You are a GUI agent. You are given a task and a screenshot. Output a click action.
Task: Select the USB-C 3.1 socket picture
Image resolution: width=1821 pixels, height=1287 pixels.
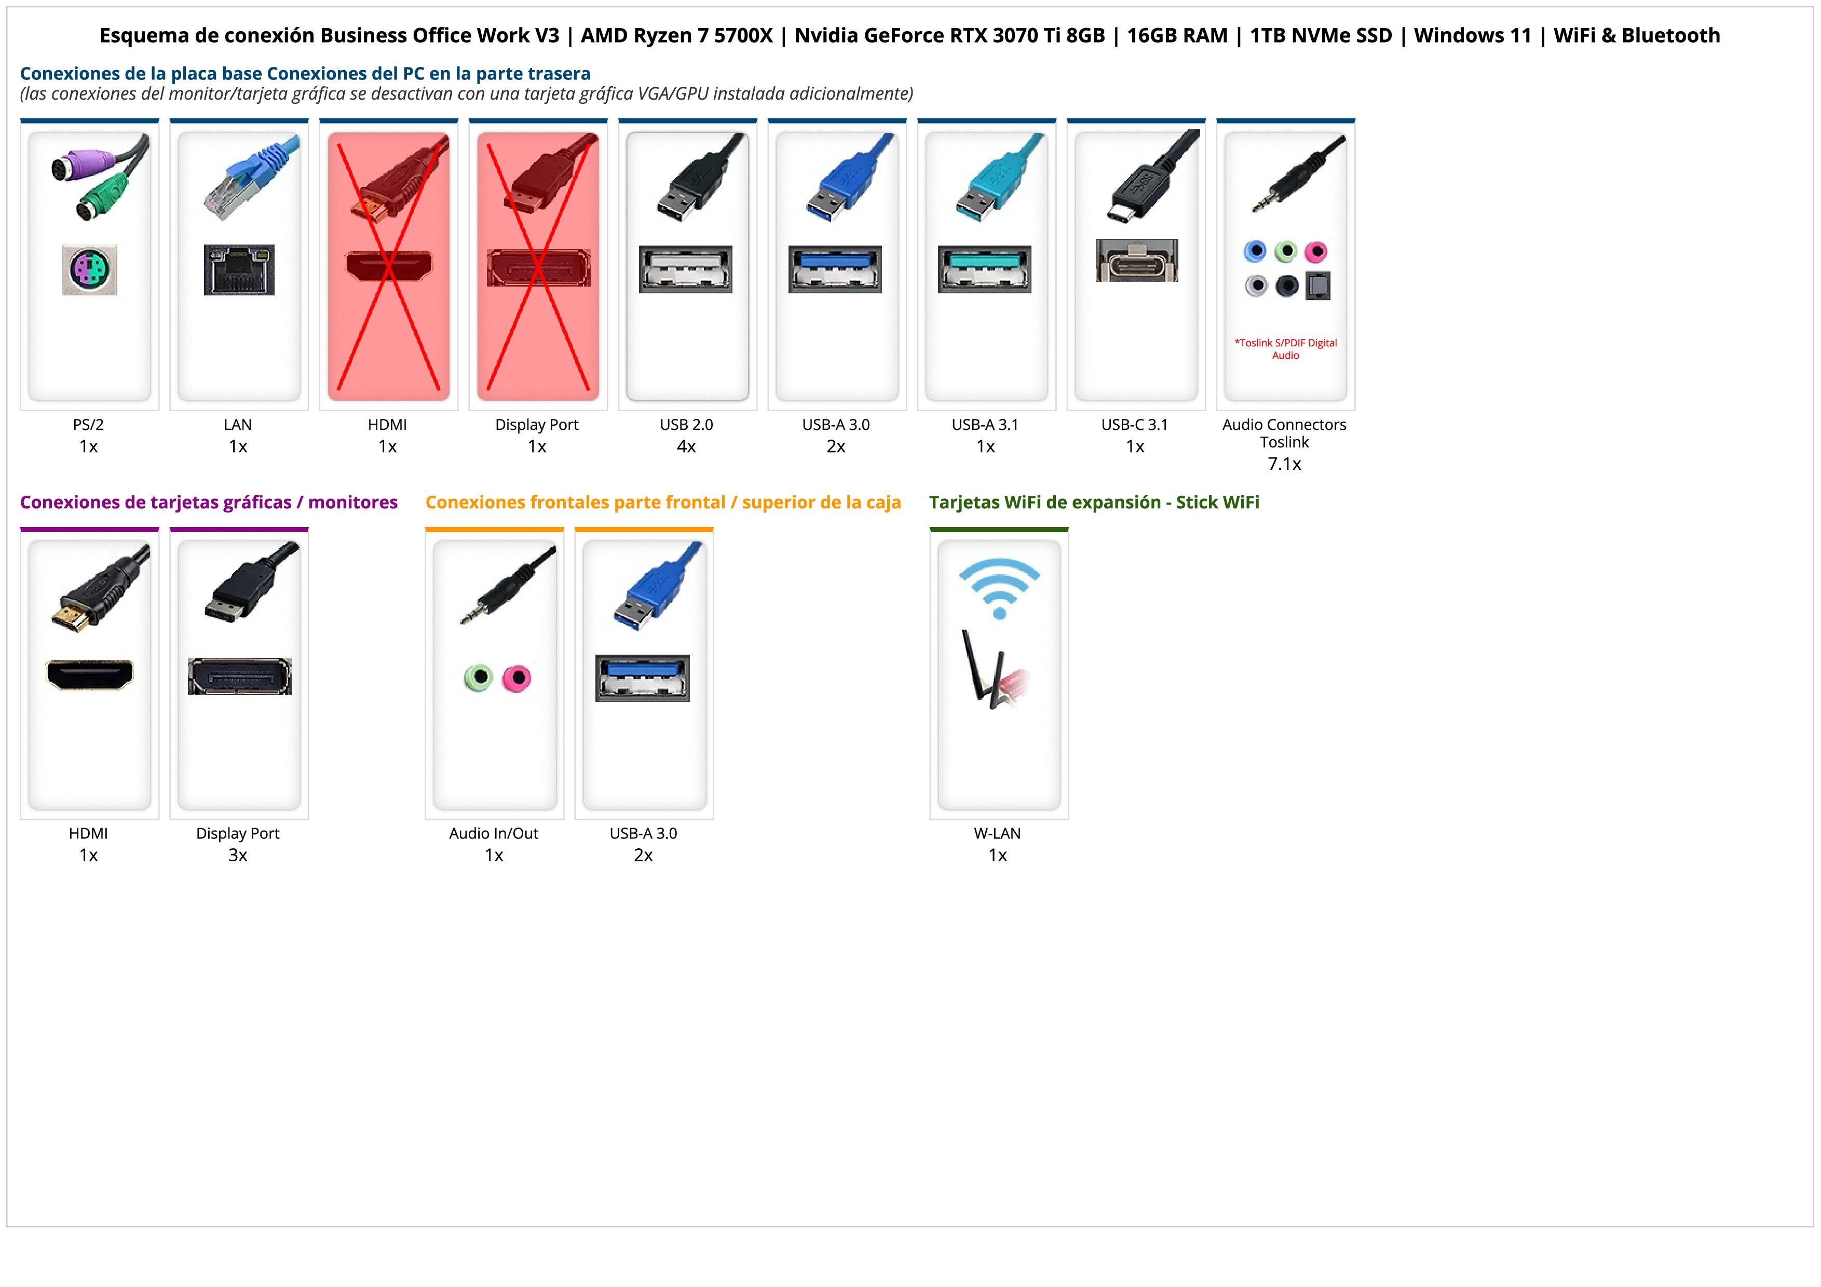click(1136, 260)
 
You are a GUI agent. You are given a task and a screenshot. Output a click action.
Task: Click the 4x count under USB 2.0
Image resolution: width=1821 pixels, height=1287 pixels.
click(686, 446)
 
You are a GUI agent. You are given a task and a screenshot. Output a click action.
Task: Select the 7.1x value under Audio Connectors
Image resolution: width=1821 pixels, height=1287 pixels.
click(1284, 464)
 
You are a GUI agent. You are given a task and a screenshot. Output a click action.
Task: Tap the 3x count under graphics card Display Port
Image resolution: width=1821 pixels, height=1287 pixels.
click(238, 855)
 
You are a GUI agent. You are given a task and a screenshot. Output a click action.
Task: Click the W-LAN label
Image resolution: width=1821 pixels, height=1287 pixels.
click(997, 833)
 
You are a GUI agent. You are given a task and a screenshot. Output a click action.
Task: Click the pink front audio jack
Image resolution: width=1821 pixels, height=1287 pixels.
click(517, 678)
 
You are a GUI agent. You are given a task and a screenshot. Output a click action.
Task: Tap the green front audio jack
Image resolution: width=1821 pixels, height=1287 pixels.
click(478, 678)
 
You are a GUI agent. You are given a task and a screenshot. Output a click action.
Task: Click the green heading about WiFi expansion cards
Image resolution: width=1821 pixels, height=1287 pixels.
click(1094, 502)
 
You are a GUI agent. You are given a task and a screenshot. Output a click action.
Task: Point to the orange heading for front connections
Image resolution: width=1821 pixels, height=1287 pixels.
click(663, 502)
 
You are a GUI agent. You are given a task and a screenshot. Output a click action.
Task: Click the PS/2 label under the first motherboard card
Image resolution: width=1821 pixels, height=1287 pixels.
click(88, 424)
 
